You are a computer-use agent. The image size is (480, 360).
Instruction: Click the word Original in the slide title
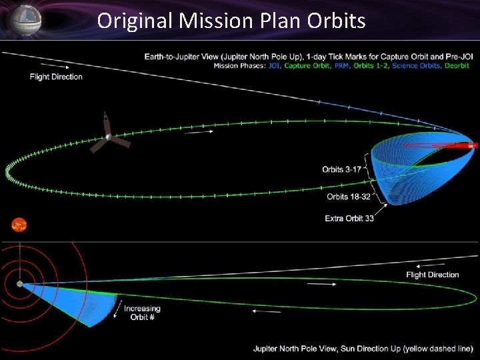coord(135,21)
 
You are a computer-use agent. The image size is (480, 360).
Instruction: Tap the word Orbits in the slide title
coord(337,21)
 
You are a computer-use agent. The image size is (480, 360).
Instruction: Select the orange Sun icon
coord(19,224)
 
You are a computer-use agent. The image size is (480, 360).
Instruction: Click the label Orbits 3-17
coord(341,169)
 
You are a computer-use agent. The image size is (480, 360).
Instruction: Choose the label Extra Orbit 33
coord(349,218)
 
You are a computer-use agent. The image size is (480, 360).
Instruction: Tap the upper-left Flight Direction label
coord(56,77)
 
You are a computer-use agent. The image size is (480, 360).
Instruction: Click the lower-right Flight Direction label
coord(433,275)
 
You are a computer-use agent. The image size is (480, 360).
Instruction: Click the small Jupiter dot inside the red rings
coord(19,283)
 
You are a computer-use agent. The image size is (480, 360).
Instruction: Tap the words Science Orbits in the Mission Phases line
coord(415,65)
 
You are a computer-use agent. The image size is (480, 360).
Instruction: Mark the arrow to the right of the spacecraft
coord(199,132)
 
